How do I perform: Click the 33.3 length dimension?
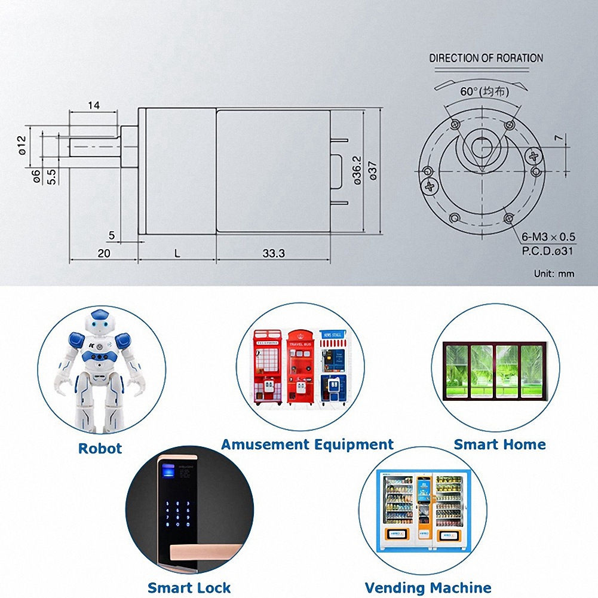tap(273, 253)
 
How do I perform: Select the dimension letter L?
tap(177, 253)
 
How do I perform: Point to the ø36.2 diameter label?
tap(357, 170)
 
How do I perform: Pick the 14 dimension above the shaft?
tap(94, 105)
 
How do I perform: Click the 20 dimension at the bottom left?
tap(104, 253)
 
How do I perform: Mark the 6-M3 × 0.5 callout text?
tap(548, 237)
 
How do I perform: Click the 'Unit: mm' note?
tap(554, 274)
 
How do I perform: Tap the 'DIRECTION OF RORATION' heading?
tap(486, 59)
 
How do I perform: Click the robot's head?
tap(101, 323)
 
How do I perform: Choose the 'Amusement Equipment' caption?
tap(307, 444)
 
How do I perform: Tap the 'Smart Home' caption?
tap(499, 444)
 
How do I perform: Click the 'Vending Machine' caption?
tap(428, 588)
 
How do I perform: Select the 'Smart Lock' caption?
tap(189, 588)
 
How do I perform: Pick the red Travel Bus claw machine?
tap(300, 367)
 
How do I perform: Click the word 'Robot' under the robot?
tap(100, 449)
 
